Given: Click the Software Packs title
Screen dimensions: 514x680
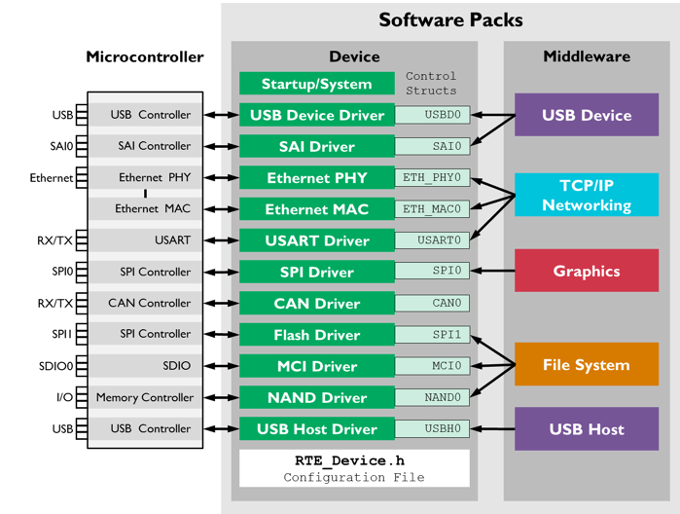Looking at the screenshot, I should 450,19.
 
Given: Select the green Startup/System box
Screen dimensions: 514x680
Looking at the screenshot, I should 316,85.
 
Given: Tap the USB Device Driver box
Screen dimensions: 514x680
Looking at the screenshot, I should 316,116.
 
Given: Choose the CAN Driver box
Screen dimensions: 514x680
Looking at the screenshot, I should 316,304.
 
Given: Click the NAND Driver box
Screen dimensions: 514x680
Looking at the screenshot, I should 316,398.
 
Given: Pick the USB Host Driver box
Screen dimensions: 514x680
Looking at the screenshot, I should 316,429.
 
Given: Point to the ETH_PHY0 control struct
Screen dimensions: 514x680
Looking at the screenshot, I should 432,178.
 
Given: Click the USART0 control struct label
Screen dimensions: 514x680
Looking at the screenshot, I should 432,240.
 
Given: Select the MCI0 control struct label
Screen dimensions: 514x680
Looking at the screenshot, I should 432,366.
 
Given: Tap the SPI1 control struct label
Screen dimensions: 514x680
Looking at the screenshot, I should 432,335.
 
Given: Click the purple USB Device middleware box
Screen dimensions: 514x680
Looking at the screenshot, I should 586,115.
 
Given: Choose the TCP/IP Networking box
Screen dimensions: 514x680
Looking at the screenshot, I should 586,195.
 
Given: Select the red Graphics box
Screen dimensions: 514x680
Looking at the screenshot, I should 586,271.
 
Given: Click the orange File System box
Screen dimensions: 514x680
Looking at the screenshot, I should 586,365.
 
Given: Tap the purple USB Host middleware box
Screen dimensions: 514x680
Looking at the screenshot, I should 586,429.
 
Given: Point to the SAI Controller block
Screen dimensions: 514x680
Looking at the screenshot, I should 145,146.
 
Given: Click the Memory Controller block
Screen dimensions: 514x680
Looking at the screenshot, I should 145,397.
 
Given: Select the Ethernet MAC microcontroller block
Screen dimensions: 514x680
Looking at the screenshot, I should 145,208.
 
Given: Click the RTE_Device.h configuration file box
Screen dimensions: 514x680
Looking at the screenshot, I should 354,468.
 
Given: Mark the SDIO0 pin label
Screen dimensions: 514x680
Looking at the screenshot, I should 62,366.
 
